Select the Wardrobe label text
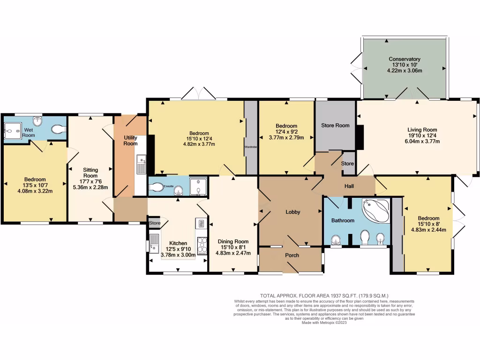[x=251, y=147]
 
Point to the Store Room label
[x=335, y=125]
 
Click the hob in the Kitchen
[x=202, y=245]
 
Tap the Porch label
[x=292, y=255]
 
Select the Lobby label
[x=293, y=212]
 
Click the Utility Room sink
[x=142, y=165]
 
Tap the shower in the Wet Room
[x=12, y=130]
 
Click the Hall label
[x=349, y=187]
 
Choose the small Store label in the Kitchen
[x=154, y=223]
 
